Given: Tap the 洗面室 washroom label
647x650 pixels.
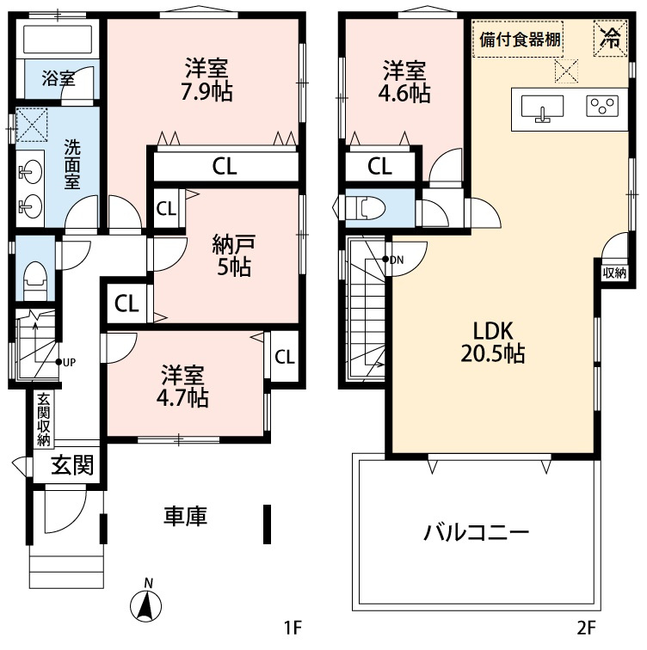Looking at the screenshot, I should tap(74, 163).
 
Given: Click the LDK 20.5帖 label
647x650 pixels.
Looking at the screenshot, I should tap(492, 341).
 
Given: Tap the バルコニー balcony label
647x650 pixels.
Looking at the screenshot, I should tap(475, 531).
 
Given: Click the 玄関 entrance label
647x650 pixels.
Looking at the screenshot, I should tap(71, 466).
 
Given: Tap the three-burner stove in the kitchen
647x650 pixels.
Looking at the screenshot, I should tap(602, 106).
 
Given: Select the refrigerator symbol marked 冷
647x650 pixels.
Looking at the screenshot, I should tap(610, 38).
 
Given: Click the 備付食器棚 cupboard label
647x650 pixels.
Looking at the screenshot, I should tap(518, 39).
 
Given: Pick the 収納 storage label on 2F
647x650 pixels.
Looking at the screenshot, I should tap(614, 273).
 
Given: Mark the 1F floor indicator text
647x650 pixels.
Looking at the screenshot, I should tap(294, 627).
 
